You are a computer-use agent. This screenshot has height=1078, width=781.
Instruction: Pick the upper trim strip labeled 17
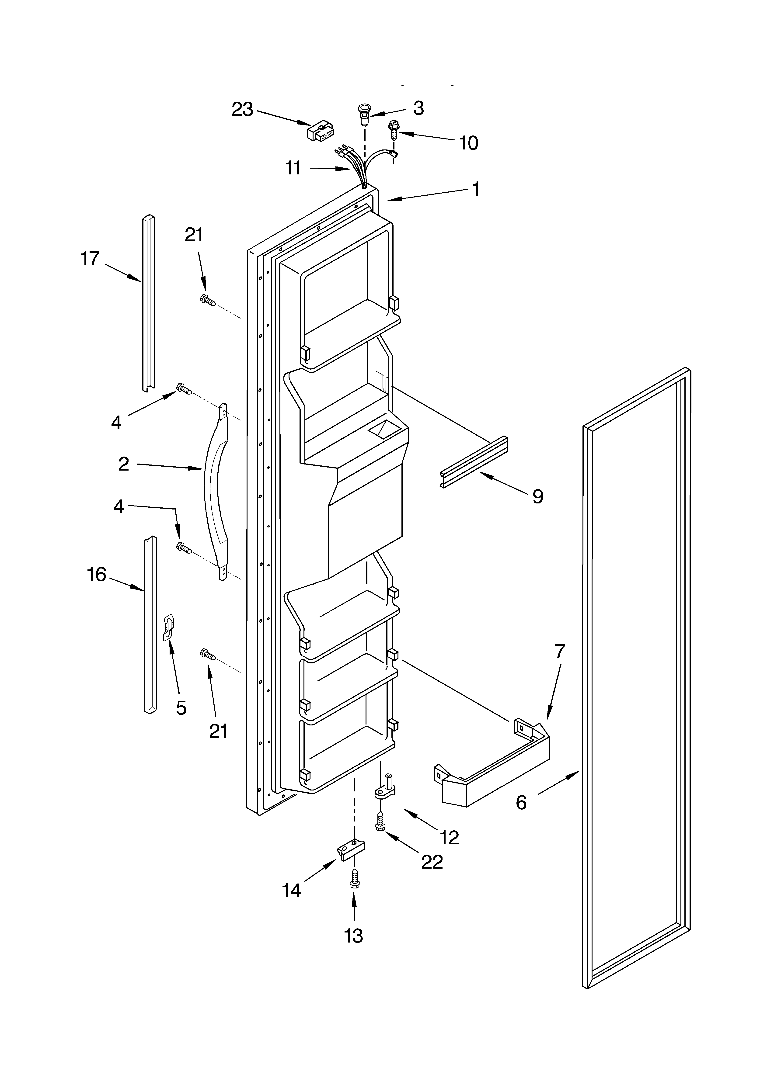[x=148, y=304]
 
